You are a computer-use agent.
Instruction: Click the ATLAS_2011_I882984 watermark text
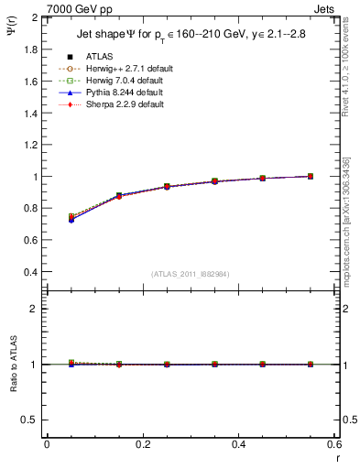tap(191, 274)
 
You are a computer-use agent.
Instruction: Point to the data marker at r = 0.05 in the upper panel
tap(71, 218)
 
